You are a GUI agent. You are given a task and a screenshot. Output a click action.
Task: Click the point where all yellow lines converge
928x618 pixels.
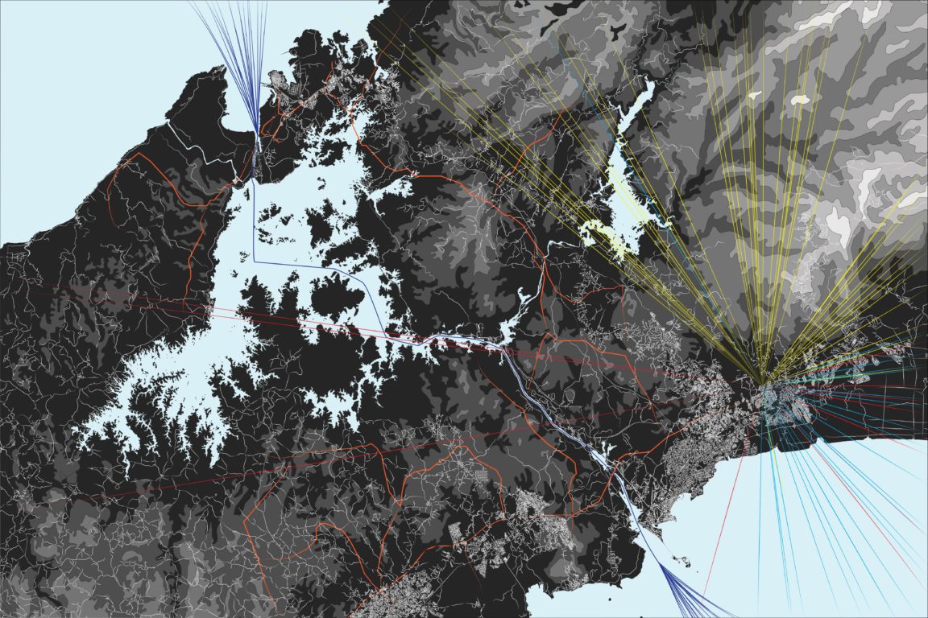point(761,380)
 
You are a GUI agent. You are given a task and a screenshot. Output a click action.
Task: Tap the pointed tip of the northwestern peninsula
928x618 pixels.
point(219,69)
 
